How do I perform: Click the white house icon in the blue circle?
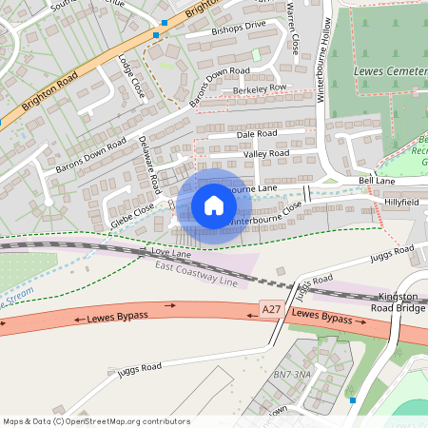(x=214, y=205)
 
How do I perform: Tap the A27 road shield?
(x=271, y=311)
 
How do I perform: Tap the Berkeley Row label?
(x=259, y=88)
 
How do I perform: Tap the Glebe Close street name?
(x=131, y=214)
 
